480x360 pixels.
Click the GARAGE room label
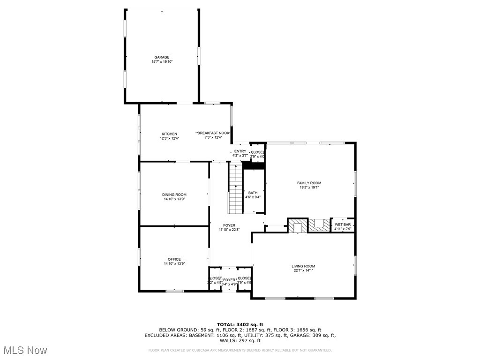pos(162,57)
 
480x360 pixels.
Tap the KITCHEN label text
pos(169,134)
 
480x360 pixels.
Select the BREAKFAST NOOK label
pos(214,133)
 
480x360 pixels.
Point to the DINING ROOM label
pos(174,195)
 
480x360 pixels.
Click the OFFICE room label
pos(174,259)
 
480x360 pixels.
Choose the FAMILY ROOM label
pos(309,183)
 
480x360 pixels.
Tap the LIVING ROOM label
pos(303,266)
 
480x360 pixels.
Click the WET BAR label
pos(342,225)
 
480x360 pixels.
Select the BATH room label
pos(253,193)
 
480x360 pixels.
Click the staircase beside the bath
pos(235,188)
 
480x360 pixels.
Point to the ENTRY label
pos(240,151)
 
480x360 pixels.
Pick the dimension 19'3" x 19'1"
pos(309,187)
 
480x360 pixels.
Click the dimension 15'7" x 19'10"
pos(162,62)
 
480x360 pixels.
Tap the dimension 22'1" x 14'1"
pos(303,271)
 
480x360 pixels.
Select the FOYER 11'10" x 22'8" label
pos(229,227)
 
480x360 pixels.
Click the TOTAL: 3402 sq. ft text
pos(240,324)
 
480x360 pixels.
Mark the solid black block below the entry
pos(254,165)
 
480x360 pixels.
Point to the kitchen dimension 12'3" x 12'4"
pos(169,138)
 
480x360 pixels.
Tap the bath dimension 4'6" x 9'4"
pos(253,197)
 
